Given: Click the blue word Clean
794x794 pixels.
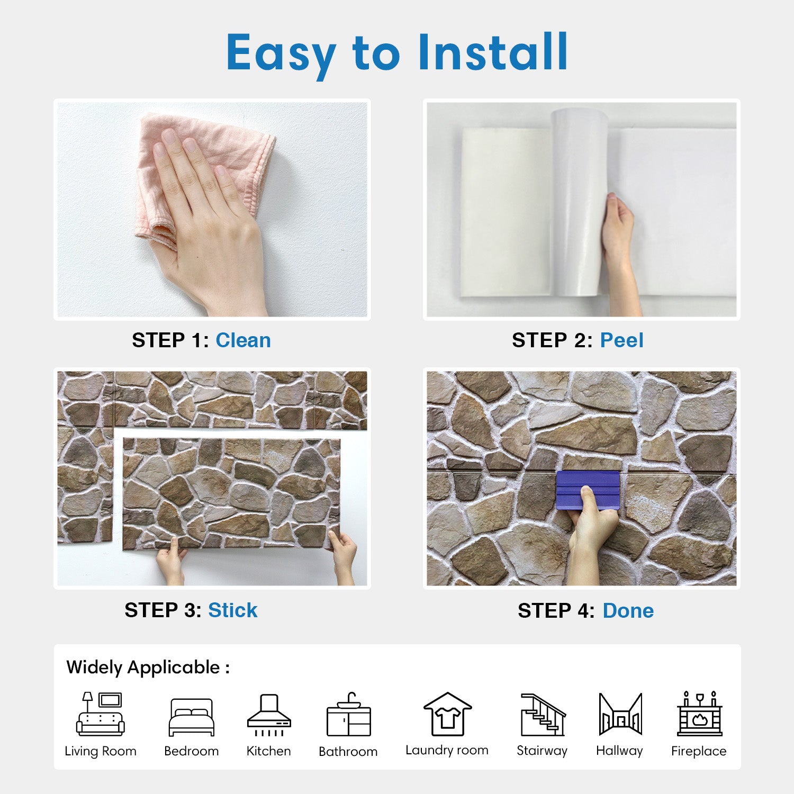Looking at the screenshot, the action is click(x=243, y=340).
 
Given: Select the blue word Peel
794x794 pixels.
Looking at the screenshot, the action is click(x=621, y=340).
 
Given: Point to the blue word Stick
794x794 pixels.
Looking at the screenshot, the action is click(x=232, y=610).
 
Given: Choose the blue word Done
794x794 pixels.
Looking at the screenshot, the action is click(x=628, y=611).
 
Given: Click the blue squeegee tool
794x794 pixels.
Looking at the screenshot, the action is click(x=588, y=490).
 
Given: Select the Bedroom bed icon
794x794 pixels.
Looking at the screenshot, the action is click(x=192, y=717).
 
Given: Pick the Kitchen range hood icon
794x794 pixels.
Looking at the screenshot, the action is click(x=269, y=715).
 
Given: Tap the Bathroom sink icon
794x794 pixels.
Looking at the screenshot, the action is click(x=348, y=714).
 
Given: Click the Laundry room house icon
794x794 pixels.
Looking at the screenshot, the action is click(x=447, y=714).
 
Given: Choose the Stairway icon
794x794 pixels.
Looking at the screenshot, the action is click(x=543, y=715).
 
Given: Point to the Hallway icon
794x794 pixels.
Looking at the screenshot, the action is click(x=620, y=714).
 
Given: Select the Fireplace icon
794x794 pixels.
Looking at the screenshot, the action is click(x=699, y=713).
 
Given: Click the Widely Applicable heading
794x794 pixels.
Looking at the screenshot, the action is click(x=148, y=667).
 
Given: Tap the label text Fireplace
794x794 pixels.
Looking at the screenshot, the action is click(x=699, y=751).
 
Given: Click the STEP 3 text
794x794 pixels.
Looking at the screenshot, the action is click(x=163, y=610).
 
